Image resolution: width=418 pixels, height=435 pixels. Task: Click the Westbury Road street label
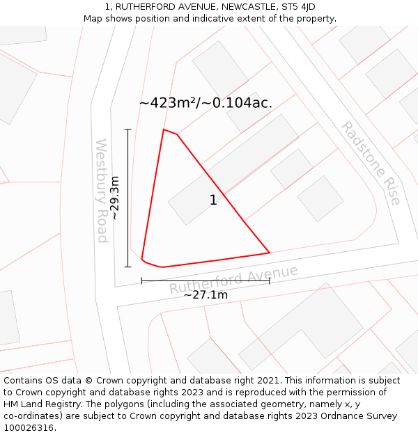(x=102, y=191)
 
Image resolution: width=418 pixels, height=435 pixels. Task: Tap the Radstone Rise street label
(x=371, y=163)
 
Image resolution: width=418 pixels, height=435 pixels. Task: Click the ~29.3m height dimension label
(x=116, y=198)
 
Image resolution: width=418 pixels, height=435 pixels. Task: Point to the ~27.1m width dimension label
(x=206, y=295)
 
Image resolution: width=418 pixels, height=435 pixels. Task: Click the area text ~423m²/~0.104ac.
(x=206, y=103)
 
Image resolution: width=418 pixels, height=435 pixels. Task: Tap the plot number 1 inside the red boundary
(x=213, y=200)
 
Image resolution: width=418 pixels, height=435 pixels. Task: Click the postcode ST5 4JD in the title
(x=297, y=7)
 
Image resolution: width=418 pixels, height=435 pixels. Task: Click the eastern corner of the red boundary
(x=270, y=252)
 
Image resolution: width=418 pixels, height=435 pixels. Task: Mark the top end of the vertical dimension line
(x=127, y=129)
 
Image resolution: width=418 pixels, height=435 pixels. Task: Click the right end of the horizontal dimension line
(x=270, y=281)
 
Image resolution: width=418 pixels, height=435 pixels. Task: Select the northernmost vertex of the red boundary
(x=164, y=129)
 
